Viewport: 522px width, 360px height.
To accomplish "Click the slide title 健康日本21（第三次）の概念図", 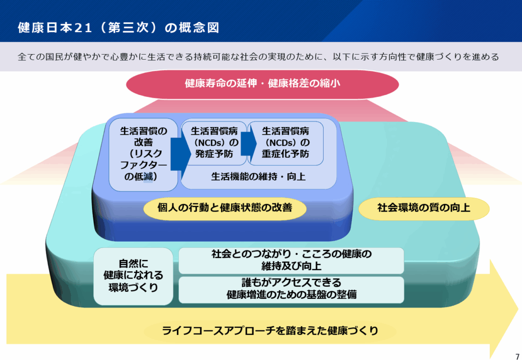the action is pos(118,28).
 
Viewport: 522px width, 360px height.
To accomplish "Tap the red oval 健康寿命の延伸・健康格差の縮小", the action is pos(263,84).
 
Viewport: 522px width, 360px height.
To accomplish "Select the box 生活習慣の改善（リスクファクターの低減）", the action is pos(143,155).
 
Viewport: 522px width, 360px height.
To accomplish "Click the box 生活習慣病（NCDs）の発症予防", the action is pos(214,143).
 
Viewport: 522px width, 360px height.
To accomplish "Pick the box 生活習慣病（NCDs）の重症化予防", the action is pos(285,143).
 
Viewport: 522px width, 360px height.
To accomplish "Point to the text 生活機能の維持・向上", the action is pos(258,176).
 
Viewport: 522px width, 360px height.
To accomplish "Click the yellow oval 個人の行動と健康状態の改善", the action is pos(225,208).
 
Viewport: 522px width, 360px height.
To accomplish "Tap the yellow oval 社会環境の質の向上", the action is pos(424,208).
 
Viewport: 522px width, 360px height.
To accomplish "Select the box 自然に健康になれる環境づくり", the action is pos(133,276).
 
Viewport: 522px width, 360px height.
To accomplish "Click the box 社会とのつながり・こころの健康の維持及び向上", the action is pos(291,261).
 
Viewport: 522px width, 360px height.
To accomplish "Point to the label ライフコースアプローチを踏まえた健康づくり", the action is pos(270,331).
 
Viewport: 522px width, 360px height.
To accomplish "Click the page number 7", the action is pos(517,356).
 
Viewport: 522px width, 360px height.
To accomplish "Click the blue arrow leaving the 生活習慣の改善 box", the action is pos(180,153).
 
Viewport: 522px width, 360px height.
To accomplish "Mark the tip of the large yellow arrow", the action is pos(518,310).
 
